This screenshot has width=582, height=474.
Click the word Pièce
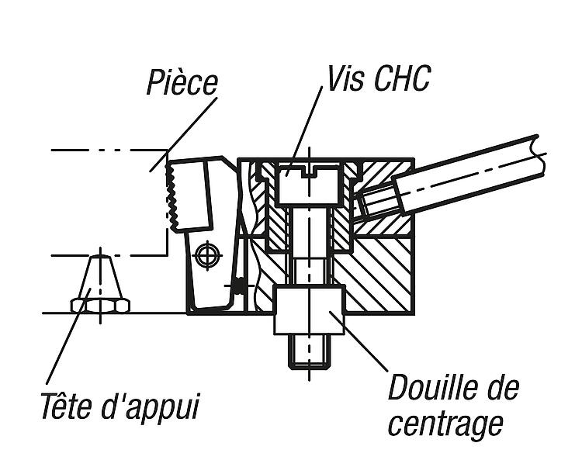click(x=182, y=82)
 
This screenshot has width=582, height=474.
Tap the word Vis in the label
click(x=345, y=78)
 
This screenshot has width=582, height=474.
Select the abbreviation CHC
click(x=402, y=78)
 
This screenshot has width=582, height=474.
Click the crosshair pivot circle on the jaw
click(x=208, y=255)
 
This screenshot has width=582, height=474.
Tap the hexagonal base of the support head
click(x=100, y=305)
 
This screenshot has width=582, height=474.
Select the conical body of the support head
click(x=100, y=276)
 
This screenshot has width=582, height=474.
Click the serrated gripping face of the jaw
click(x=171, y=195)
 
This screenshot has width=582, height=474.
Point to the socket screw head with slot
click(x=309, y=185)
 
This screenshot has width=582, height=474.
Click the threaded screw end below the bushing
click(x=309, y=351)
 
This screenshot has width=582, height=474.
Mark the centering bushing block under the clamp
click(x=309, y=310)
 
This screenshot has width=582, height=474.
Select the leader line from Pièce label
click(x=183, y=134)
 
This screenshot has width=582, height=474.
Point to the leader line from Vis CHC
click(x=304, y=130)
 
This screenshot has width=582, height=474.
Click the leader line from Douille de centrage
click(x=359, y=341)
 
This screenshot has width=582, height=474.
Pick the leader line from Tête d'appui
click(x=68, y=336)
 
